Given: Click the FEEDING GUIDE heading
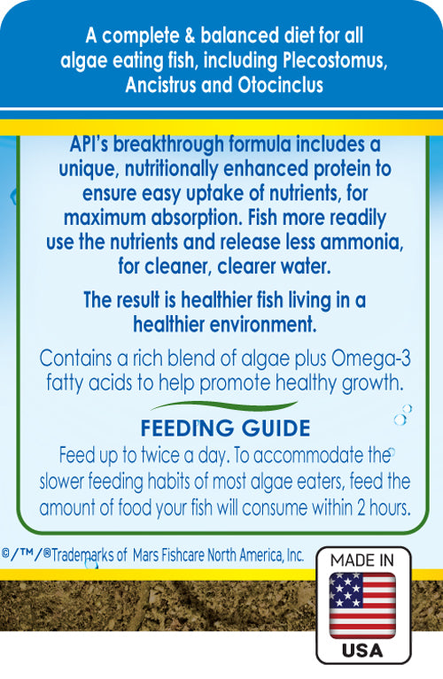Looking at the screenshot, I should pos(223,429).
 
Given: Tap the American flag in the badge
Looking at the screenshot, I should pos(363,606).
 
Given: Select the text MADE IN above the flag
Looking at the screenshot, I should pos(363,559).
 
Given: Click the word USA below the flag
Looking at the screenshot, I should pos(363,650).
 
